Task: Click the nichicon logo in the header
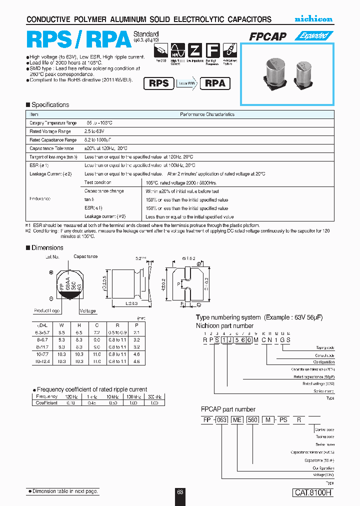[313, 19]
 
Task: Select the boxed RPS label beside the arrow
[159, 83]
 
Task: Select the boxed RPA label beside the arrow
[215, 83]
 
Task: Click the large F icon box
[213, 51]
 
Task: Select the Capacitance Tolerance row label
[51, 148]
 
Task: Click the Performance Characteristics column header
[207, 114]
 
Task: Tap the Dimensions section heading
[47, 248]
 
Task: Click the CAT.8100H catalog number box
[312, 492]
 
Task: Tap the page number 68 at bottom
[180, 492]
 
